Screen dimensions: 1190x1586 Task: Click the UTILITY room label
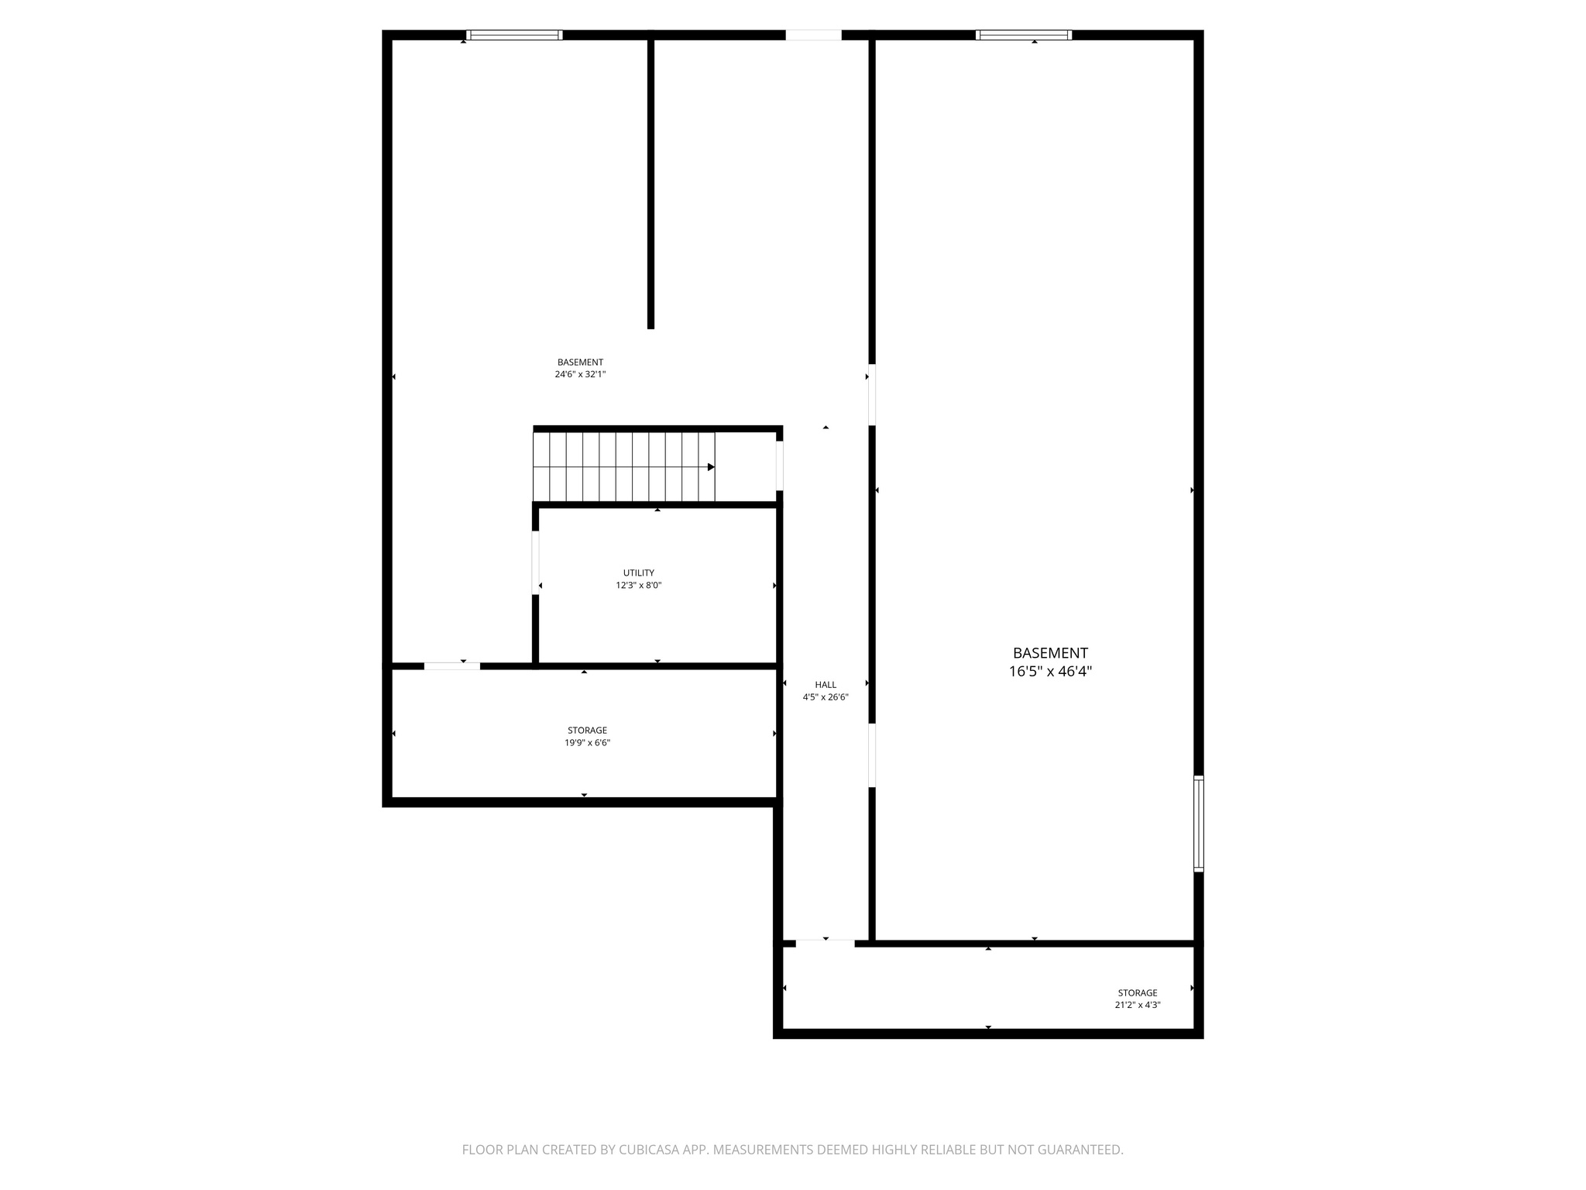pyautogui.click(x=639, y=573)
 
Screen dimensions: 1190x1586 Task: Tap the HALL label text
pyautogui.click(x=826, y=685)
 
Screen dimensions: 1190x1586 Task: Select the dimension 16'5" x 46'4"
pyautogui.click(x=1050, y=672)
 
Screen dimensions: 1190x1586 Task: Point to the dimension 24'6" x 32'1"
pyautogui.click(x=580, y=374)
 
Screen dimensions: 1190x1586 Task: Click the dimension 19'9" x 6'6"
pyautogui.click(x=587, y=743)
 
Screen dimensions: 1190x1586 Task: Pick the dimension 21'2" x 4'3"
pyautogui.click(x=1137, y=1006)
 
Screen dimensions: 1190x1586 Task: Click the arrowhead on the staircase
pyautogui.click(x=711, y=467)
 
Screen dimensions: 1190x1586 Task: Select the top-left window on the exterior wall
pyautogui.click(x=514, y=35)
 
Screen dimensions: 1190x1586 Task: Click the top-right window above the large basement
pyautogui.click(x=1024, y=35)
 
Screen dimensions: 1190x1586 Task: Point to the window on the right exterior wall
pyautogui.click(x=1199, y=824)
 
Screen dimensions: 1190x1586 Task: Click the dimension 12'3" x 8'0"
pyautogui.click(x=639, y=586)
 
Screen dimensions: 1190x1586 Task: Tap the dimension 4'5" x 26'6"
pyautogui.click(x=826, y=697)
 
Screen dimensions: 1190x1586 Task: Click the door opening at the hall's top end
pyautogui.click(x=813, y=35)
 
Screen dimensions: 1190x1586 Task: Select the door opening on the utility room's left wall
pyautogui.click(x=535, y=562)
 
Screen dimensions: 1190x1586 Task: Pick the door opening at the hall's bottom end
pyautogui.click(x=826, y=943)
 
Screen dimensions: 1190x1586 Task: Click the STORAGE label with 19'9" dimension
pyautogui.click(x=587, y=731)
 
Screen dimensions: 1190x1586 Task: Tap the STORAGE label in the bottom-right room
pyautogui.click(x=1137, y=993)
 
